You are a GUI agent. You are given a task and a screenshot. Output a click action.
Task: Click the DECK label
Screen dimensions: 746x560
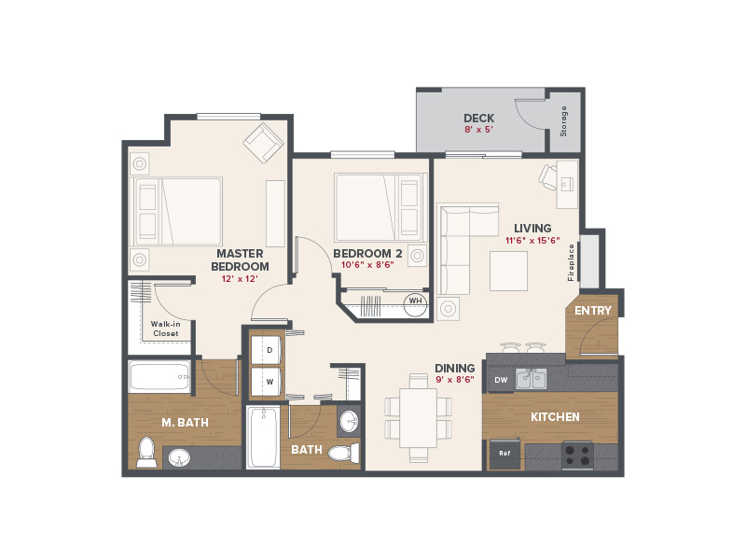[478, 119]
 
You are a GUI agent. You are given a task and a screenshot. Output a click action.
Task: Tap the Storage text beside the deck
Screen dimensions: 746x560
[563, 121]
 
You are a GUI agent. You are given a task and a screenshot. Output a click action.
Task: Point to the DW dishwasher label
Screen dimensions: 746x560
[501, 380]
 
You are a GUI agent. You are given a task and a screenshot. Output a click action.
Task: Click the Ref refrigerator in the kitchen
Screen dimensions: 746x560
[504, 454]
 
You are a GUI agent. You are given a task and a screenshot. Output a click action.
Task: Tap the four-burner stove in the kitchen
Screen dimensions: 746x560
[577, 455]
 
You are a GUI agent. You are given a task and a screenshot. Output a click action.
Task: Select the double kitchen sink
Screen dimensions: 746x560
[532, 379]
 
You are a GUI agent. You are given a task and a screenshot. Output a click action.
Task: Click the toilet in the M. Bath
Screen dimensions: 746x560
[146, 452]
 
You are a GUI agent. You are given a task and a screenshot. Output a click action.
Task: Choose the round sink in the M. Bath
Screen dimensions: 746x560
[179, 458]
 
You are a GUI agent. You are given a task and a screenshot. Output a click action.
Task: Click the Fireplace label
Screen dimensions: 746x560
[571, 262]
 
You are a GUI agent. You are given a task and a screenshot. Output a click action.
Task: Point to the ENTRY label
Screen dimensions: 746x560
[593, 311]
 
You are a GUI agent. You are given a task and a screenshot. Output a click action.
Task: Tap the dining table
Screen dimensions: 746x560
[418, 418]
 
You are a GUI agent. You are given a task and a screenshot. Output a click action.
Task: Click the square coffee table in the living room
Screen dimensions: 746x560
[508, 271]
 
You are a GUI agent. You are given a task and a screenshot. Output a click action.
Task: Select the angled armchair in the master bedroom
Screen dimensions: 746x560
[264, 143]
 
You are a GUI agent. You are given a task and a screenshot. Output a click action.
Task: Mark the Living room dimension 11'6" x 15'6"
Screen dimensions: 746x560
[532, 241]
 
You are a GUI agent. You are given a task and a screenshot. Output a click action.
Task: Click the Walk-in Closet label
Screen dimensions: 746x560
[166, 329]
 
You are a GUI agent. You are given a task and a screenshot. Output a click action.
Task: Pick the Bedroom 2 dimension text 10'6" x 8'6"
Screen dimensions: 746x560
[367, 265]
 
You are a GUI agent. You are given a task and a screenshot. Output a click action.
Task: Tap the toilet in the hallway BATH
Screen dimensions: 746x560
[343, 453]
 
